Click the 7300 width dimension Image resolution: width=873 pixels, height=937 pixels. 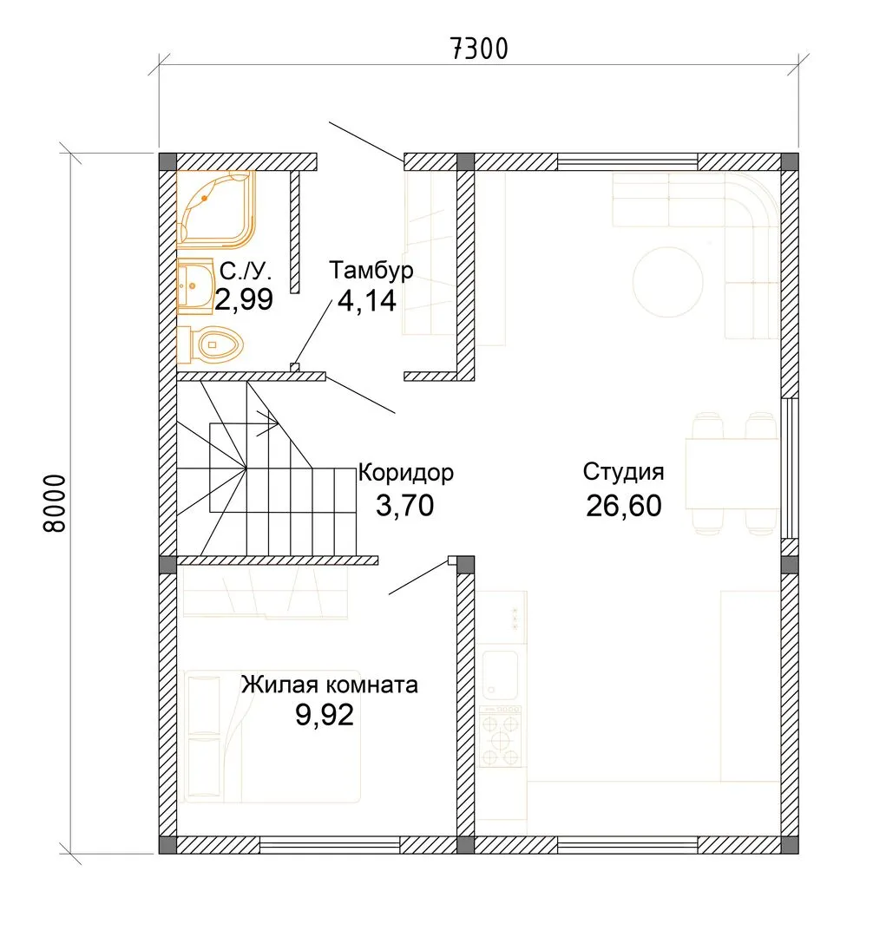[479, 49]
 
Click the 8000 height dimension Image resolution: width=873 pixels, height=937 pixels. [55, 503]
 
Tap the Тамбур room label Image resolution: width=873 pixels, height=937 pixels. [371, 271]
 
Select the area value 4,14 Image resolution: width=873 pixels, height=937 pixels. [367, 300]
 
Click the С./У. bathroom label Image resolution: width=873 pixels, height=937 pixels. [246, 272]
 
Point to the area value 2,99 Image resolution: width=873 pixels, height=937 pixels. [244, 299]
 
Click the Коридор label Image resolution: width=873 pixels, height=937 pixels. [406, 473]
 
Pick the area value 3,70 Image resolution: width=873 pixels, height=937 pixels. [404, 505]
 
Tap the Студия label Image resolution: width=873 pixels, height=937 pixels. [623, 471]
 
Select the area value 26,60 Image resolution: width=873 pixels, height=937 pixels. [623, 506]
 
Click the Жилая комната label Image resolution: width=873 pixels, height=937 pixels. [329, 685]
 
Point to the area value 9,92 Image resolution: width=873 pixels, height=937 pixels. [325, 714]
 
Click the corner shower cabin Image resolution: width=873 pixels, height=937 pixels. [216, 209]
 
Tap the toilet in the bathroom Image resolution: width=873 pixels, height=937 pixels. [210, 344]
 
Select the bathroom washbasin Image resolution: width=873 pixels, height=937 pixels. [195, 286]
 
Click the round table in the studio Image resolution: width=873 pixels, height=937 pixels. [668, 281]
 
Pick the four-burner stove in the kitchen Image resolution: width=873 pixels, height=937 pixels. [500, 737]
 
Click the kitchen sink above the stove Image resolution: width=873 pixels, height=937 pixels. [500, 675]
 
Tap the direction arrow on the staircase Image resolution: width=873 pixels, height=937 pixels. [267, 423]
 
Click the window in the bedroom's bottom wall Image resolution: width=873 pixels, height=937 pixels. [330, 845]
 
